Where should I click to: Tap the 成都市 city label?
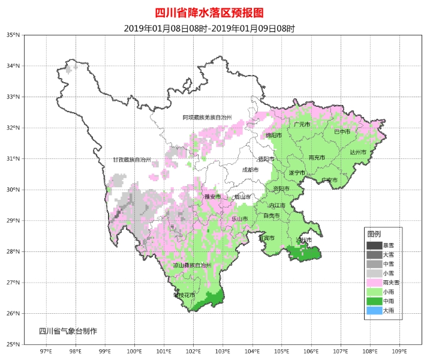(x=250, y=170)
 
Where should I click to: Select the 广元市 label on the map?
(x=302, y=125)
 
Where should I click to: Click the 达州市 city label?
(x=358, y=152)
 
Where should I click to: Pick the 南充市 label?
(x=317, y=158)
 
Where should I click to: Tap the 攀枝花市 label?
(x=184, y=295)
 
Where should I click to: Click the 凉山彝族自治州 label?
(x=192, y=265)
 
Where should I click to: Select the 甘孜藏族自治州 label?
(x=132, y=160)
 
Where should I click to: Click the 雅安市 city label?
(x=212, y=197)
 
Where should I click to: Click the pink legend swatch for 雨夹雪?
(x=374, y=282)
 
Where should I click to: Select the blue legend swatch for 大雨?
(x=374, y=310)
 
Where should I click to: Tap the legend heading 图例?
(x=374, y=234)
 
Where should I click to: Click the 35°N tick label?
(x=13, y=35)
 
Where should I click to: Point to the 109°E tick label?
(x=399, y=351)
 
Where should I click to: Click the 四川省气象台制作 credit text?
(x=68, y=331)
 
